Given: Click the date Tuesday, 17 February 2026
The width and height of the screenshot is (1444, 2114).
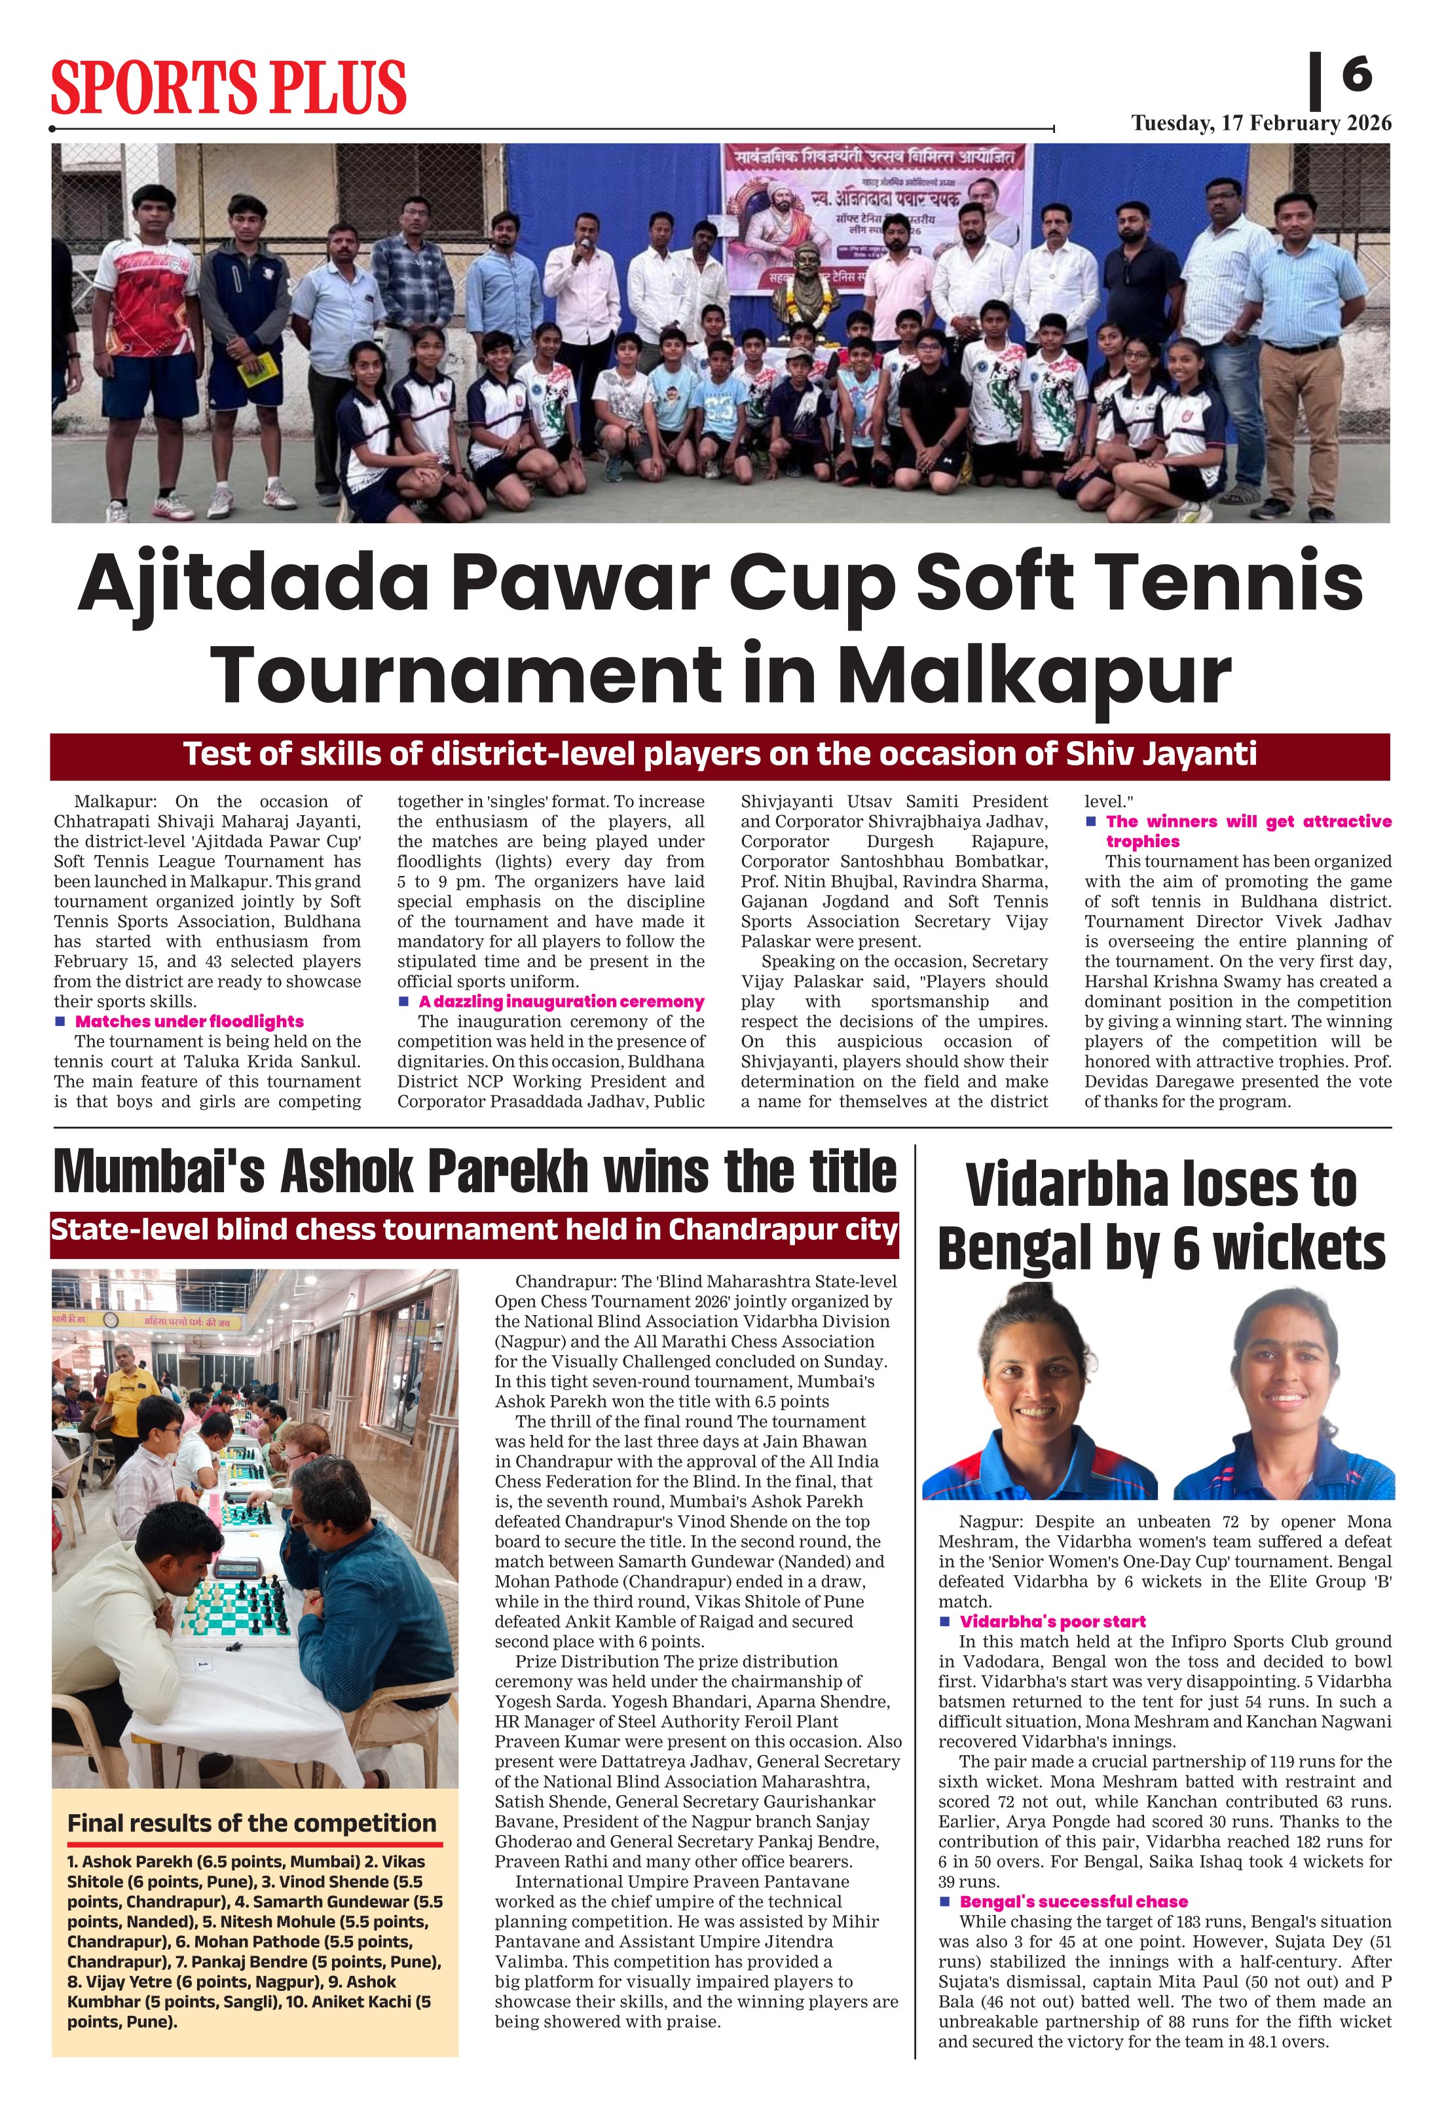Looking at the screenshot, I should tap(1261, 124).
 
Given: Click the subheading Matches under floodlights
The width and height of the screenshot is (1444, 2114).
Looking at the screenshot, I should tap(189, 1021).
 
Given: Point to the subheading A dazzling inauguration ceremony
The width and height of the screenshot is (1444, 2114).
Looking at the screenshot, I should tap(561, 1002).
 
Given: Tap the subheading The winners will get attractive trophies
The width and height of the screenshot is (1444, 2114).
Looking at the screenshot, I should tap(1248, 831).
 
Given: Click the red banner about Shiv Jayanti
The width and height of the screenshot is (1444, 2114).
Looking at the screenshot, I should tap(720, 755).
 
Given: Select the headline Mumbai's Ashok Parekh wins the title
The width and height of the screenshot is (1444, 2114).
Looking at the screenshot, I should tap(475, 1172).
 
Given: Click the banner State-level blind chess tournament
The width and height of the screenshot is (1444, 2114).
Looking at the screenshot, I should tap(474, 1230).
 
